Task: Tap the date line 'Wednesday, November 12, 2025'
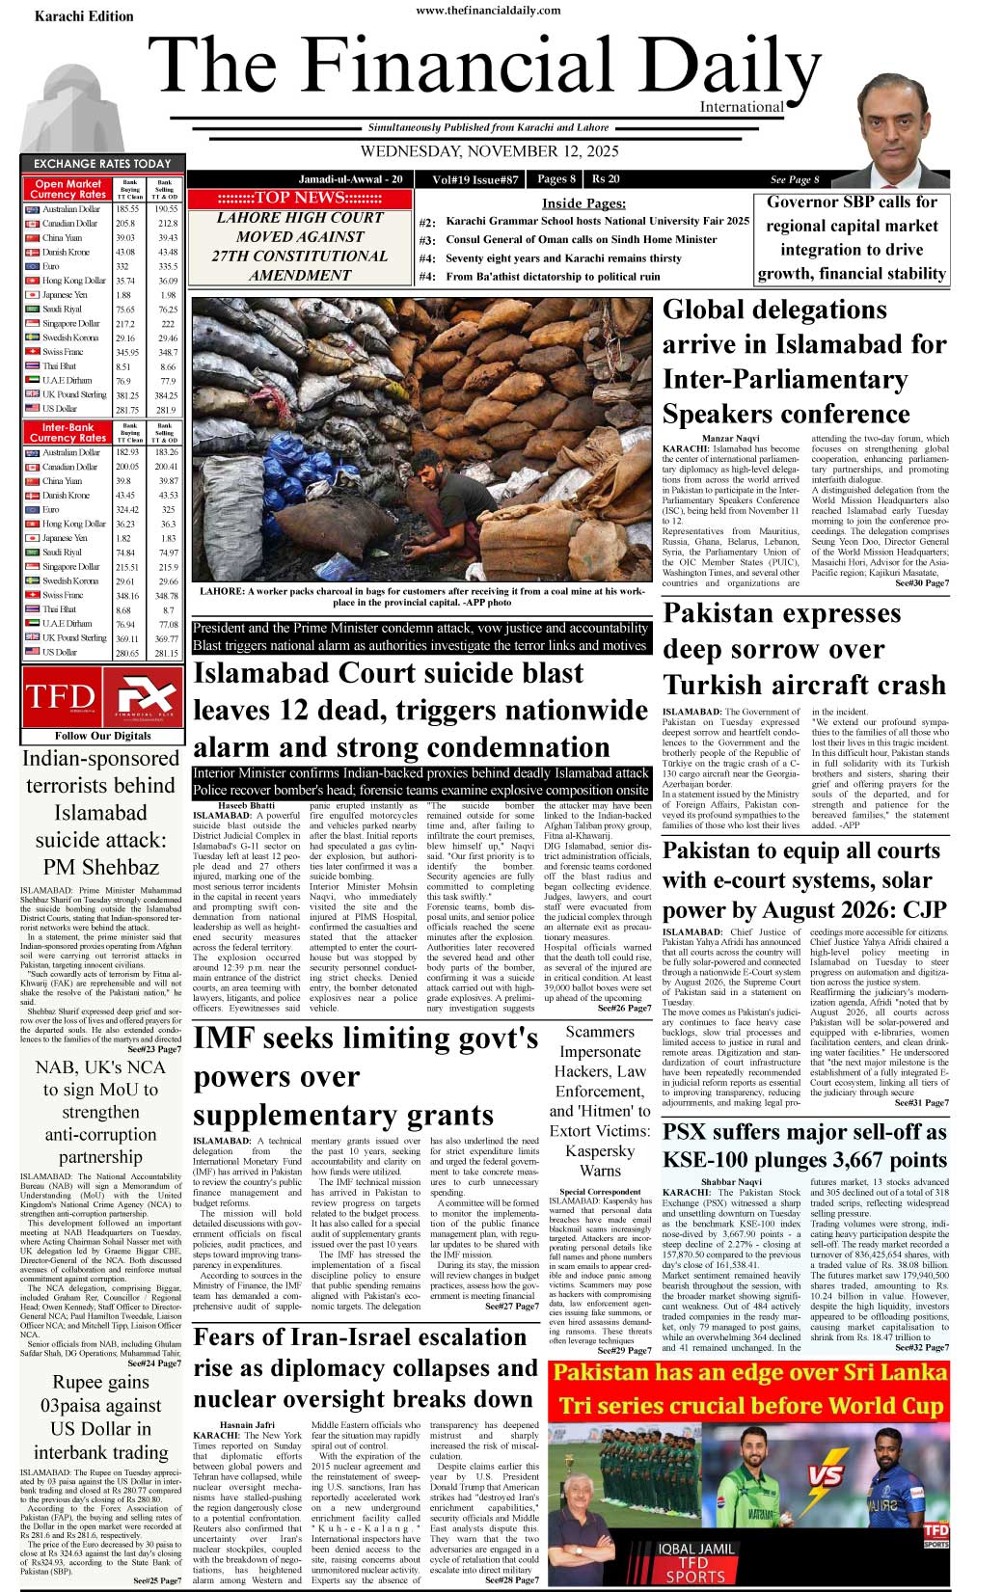pyautogui.click(x=489, y=151)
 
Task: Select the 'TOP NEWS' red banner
pyautogui.click(x=299, y=199)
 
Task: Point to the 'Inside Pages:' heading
pyautogui.click(x=583, y=203)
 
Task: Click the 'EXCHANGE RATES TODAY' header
pyautogui.click(x=102, y=164)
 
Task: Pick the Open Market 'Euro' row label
pyautogui.click(x=51, y=266)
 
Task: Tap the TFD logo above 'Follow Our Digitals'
pyautogui.click(x=60, y=696)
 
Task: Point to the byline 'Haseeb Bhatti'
pyautogui.click(x=246, y=805)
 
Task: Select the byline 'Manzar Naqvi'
pyautogui.click(x=730, y=439)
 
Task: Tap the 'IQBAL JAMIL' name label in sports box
pyautogui.click(x=695, y=1549)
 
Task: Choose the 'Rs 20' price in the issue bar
pyautogui.click(x=606, y=179)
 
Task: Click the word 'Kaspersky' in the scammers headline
pyautogui.click(x=600, y=1150)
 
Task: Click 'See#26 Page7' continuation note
pyautogui.click(x=624, y=1008)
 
